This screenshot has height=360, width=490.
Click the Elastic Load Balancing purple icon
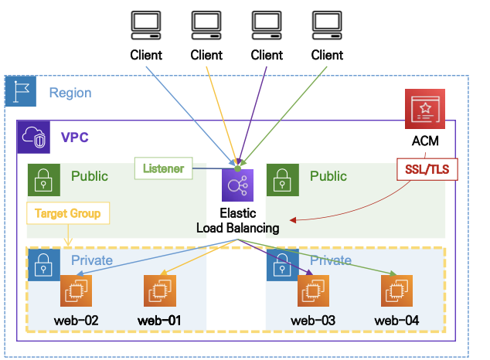click(237, 187)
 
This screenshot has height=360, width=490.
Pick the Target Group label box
click(67, 212)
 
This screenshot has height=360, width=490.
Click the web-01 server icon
click(159, 291)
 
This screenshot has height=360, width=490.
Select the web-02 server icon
click(77, 291)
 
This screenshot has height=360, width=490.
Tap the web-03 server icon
click(313, 291)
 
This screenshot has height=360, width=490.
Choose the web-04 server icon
click(396, 291)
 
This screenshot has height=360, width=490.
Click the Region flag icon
click(21, 91)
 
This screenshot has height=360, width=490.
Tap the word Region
click(70, 93)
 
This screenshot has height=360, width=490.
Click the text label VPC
click(75, 139)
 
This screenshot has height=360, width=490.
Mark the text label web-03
click(312, 320)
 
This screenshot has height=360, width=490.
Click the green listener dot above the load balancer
click(237, 168)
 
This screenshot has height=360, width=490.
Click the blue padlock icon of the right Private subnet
click(281, 263)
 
